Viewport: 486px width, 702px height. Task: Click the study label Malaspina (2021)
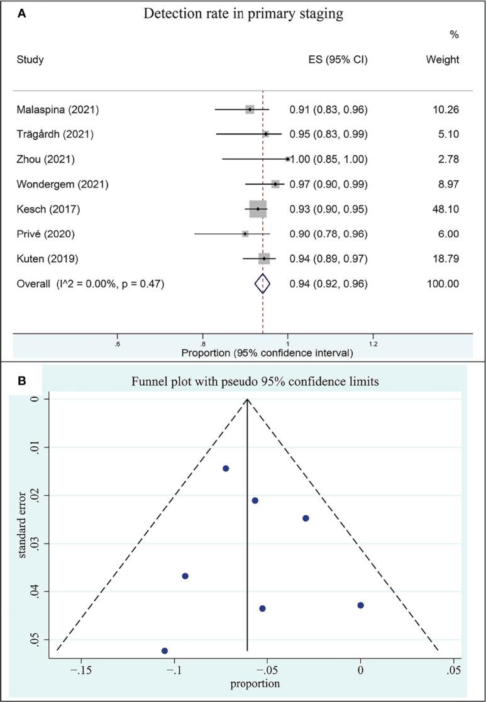pyautogui.click(x=58, y=110)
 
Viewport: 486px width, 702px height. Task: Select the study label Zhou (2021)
pyautogui.click(x=45, y=160)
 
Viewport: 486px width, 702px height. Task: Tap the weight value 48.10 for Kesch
pyautogui.click(x=446, y=209)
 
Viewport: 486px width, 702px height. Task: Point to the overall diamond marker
pyautogui.click(x=263, y=284)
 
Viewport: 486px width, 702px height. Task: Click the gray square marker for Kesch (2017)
pyautogui.click(x=258, y=209)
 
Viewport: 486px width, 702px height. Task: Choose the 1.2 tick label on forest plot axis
pyautogui.click(x=373, y=344)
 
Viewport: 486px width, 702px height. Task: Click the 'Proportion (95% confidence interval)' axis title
pyautogui.click(x=267, y=353)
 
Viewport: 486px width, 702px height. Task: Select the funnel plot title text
pyautogui.click(x=255, y=381)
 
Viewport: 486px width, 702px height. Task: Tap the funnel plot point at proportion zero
pyautogui.click(x=360, y=605)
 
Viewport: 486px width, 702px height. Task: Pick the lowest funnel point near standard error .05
pyautogui.click(x=165, y=650)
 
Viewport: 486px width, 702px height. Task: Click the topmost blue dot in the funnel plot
pyautogui.click(x=226, y=468)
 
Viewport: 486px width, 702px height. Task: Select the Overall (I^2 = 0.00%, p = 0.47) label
pyautogui.click(x=91, y=284)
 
